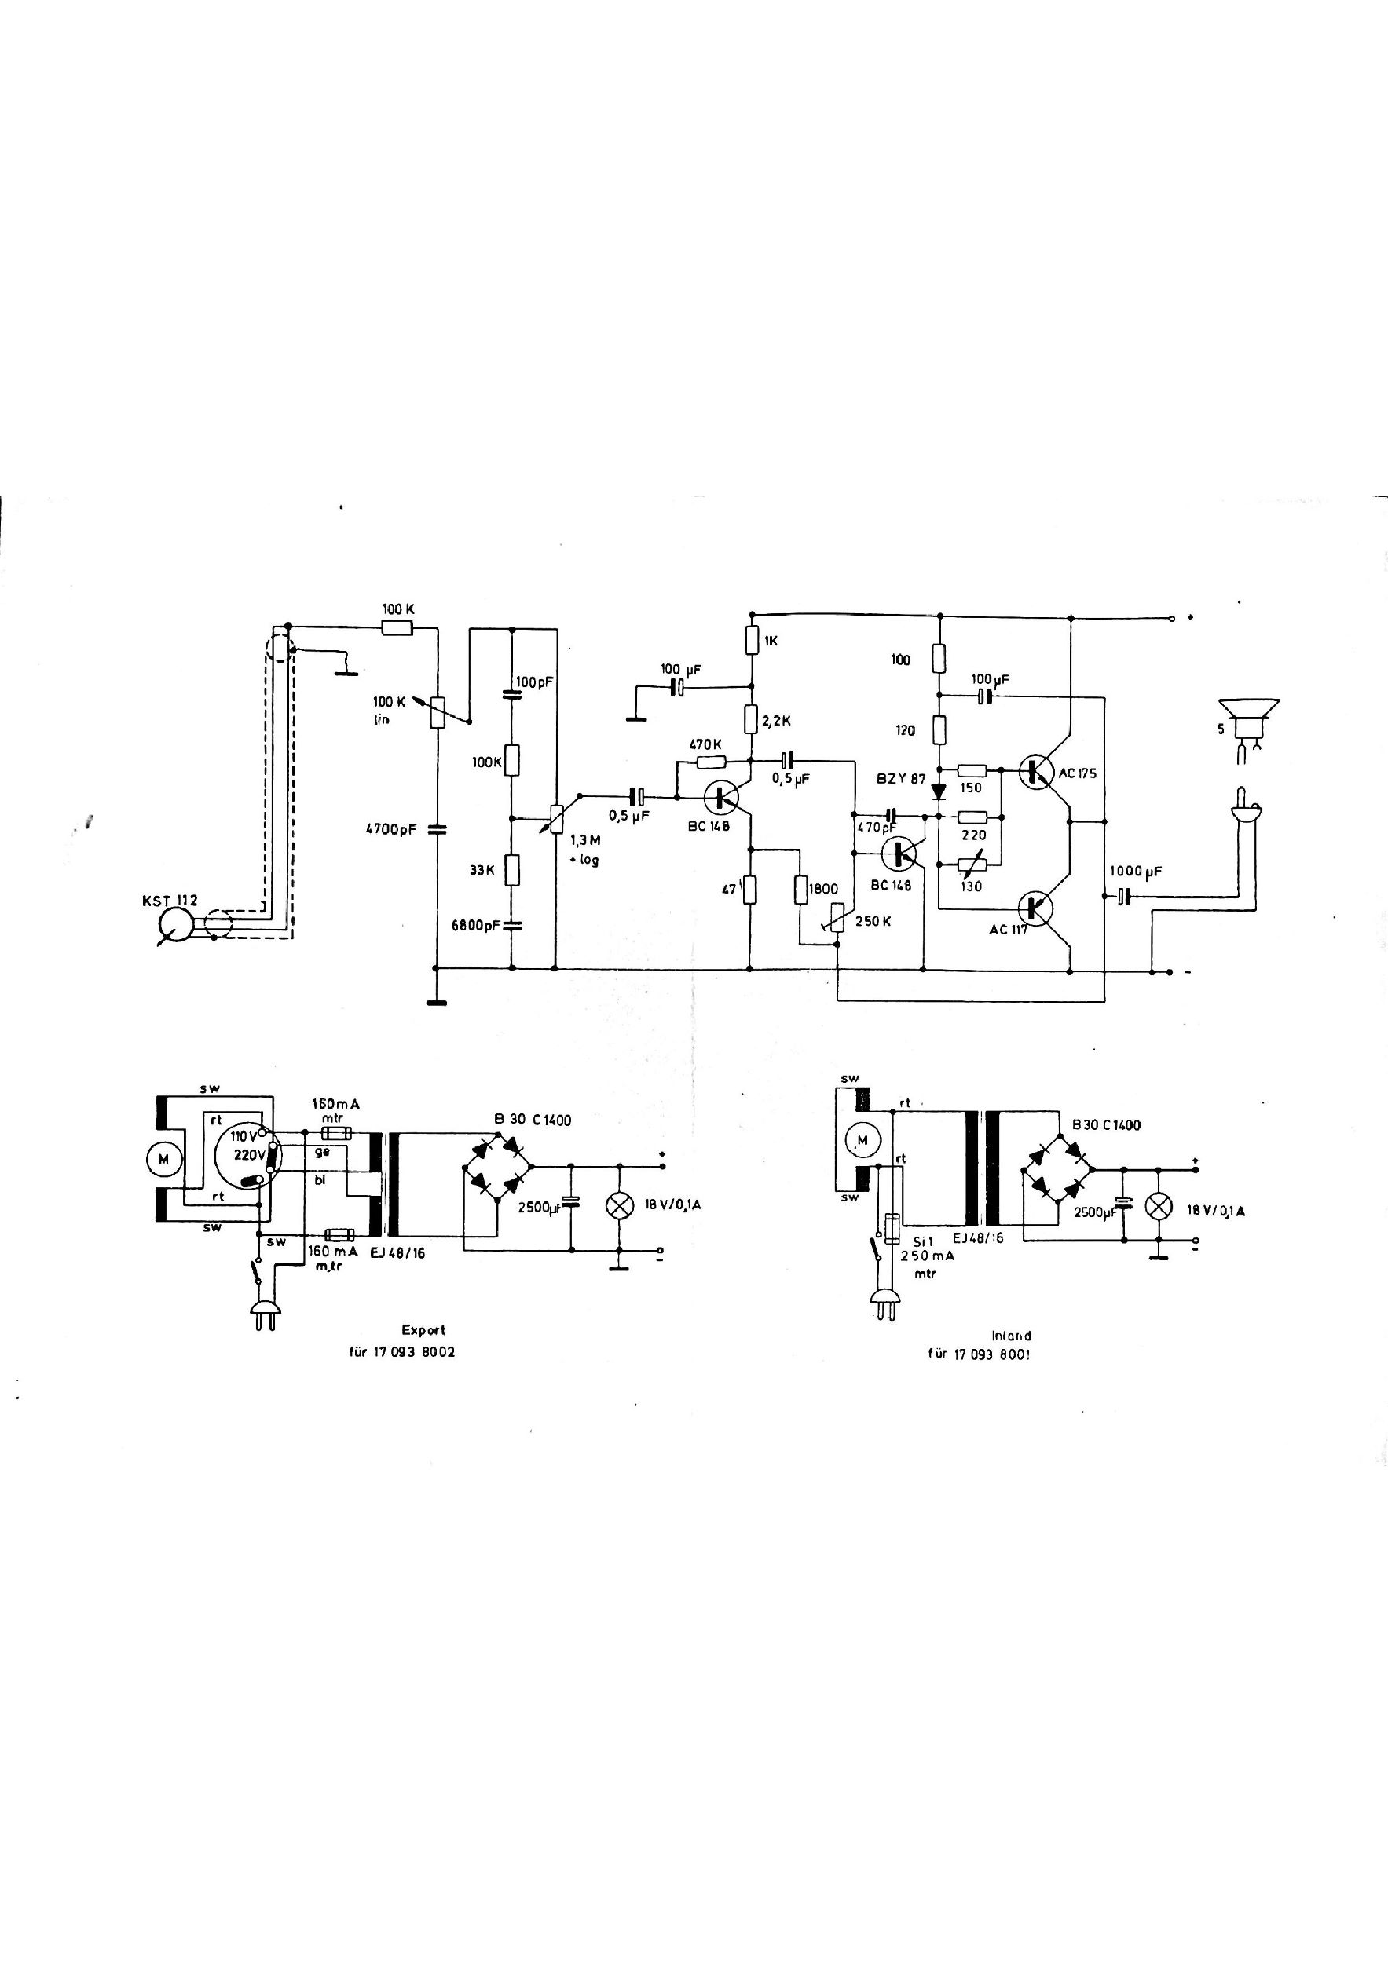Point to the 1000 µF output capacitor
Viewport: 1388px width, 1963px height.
point(1125,896)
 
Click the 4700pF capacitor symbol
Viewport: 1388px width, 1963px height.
point(436,828)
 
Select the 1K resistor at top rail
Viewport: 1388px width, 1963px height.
point(751,641)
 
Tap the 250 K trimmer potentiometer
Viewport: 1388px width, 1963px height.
point(837,919)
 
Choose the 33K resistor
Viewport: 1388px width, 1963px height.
point(511,869)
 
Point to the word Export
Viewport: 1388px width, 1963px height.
point(423,1329)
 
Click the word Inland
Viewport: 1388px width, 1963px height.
point(1012,1335)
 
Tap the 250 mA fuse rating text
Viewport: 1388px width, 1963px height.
point(928,1257)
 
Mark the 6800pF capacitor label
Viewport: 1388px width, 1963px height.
point(478,925)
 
